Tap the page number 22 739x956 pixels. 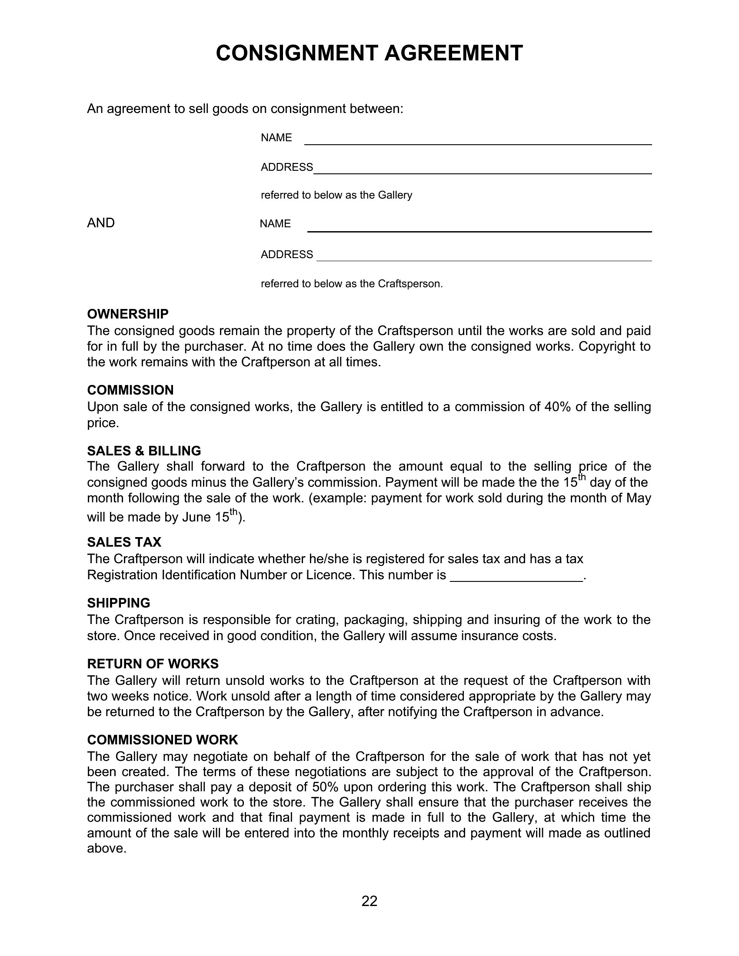[369, 901]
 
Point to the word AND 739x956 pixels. [101, 223]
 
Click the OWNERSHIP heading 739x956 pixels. [128, 314]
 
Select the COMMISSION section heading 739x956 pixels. [130, 390]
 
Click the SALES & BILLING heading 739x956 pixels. [144, 451]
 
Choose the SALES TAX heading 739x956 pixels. [124, 542]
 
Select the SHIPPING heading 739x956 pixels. [119, 603]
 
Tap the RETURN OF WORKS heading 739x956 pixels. [153, 664]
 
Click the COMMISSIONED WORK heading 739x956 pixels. [163, 740]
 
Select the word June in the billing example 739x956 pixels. [196, 518]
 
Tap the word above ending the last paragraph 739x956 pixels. [107, 849]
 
